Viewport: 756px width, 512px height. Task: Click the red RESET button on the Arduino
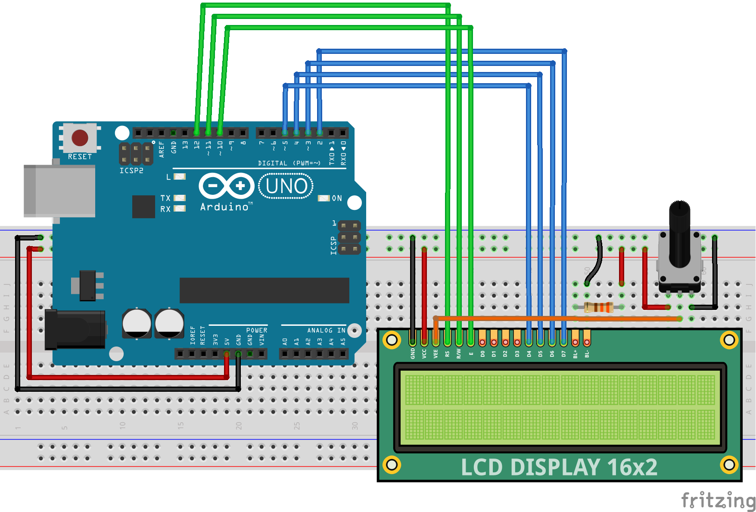pyautogui.click(x=80, y=138)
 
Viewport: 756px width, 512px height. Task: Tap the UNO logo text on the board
pyautogui.click(x=286, y=186)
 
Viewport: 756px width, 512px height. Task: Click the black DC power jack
pyautogui.click(x=75, y=329)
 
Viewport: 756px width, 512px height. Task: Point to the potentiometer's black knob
pyautogui.click(x=679, y=233)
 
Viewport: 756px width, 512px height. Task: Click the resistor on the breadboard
pyautogui.click(x=598, y=307)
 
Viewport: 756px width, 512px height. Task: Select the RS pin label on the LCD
pyautogui.click(x=447, y=354)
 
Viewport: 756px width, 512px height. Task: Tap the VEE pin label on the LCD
pyautogui.click(x=436, y=354)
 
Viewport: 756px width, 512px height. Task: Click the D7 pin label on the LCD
pyautogui.click(x=563, y=354)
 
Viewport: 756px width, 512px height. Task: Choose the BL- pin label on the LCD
pyautogui.click(x=587, y=354)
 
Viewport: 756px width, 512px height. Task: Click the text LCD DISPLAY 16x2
pyautogui.click(x=559, y=467)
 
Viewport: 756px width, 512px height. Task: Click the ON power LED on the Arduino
pyautogui.click(x=324, y=198)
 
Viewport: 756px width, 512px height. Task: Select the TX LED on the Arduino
pyautogui.click(x=179, y=198)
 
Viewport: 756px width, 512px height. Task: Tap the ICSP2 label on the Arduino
pyautogui.click(x=131, y=171)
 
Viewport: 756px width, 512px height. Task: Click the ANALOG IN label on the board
pyautogui.click(x=326, y=331)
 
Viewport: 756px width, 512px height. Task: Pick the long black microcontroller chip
pyautogui.click(x=264, y=290)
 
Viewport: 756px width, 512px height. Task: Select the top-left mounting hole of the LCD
pyautogui.click(x=392, y=340)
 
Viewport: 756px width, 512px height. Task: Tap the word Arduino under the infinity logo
pyautogui.click(x=224, y=207)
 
